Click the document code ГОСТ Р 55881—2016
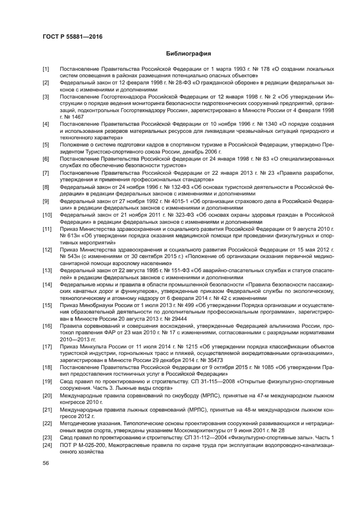pyautogui.click(x=72, y=36)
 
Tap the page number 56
pyautogui.click(x=46, y=463)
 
